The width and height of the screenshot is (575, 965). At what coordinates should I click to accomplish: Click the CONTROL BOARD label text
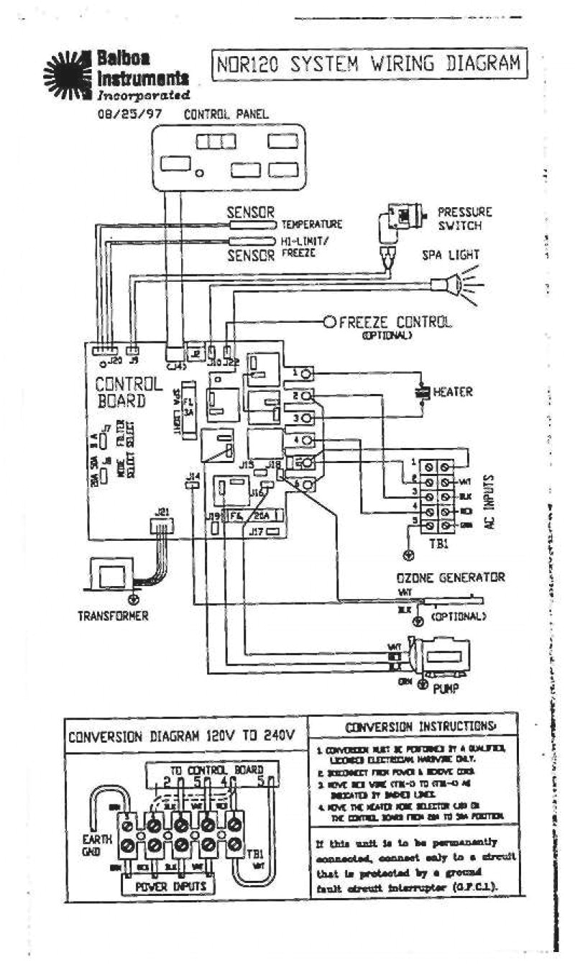pos(120,392)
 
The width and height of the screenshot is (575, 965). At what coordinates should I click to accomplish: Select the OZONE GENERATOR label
pos(451,577)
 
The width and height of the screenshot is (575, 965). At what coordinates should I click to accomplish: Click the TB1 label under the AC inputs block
pos(440,544)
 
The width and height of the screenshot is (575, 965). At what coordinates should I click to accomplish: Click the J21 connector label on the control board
pos(162,511)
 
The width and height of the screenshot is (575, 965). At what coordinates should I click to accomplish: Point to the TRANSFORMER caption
pos(114,616)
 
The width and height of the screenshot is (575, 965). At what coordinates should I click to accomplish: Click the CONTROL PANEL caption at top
pos(226,114)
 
